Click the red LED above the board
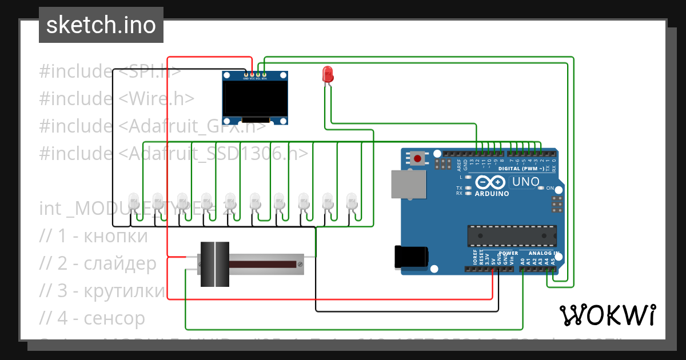click(x=328, y=74)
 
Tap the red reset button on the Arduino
click(x=418, y=158)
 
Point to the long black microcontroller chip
click(x=512, y=235)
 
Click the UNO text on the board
click(x=525, y=182)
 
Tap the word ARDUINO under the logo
click(x=492, y=194)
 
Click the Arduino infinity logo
click(x=490, y=182)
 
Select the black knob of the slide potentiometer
click(x=214, y=263)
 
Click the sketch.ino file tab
click(x=101, y=25)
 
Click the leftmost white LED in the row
click(x=133, y=202)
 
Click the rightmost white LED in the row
click(x=352, y=202)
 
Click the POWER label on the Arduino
click(x=508, y=253)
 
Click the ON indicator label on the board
click(x=550, y=188)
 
